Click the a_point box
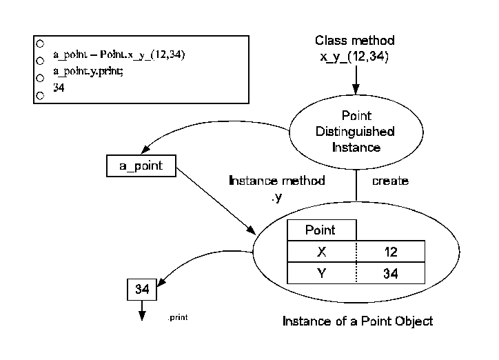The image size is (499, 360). pos(141,165)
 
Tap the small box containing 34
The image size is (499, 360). pos(143,290)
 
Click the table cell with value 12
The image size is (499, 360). pos(391,252)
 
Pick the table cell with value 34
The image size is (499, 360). pos(391,274)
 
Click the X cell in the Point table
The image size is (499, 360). pos(321,252)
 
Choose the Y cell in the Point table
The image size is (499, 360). pos(321,274)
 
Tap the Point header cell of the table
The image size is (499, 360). pos(320,230)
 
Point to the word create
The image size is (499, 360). pos(390,181)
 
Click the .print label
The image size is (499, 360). pos(178,318)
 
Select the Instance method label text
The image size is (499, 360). pos(276,181)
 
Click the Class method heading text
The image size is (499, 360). pos(355,41)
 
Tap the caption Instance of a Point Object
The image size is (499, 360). pos(358,321)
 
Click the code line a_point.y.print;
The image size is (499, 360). pos(88,72)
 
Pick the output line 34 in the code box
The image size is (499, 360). pos(59,88)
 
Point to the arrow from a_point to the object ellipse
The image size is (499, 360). pos(214,203)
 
